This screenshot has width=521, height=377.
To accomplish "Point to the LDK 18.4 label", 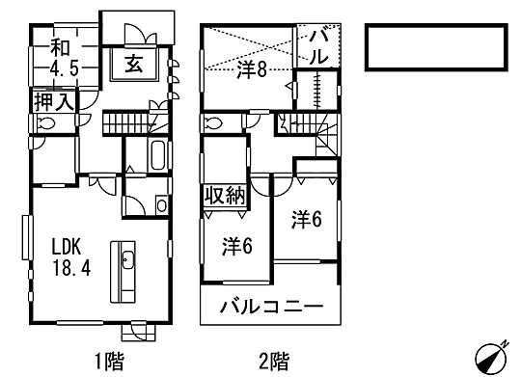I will (x=70, y=256).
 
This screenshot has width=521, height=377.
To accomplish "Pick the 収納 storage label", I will (x=223, y=196).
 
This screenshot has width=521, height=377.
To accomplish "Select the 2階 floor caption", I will (x=273, y=362).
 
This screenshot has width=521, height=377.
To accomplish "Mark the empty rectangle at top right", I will (x=436, y=46).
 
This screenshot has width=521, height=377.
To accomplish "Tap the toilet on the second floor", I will (x=212, y=125).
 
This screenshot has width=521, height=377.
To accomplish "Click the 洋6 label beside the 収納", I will (x=236, y=245).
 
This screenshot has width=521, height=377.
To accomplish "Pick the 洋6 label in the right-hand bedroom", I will (x=306, y=220).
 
